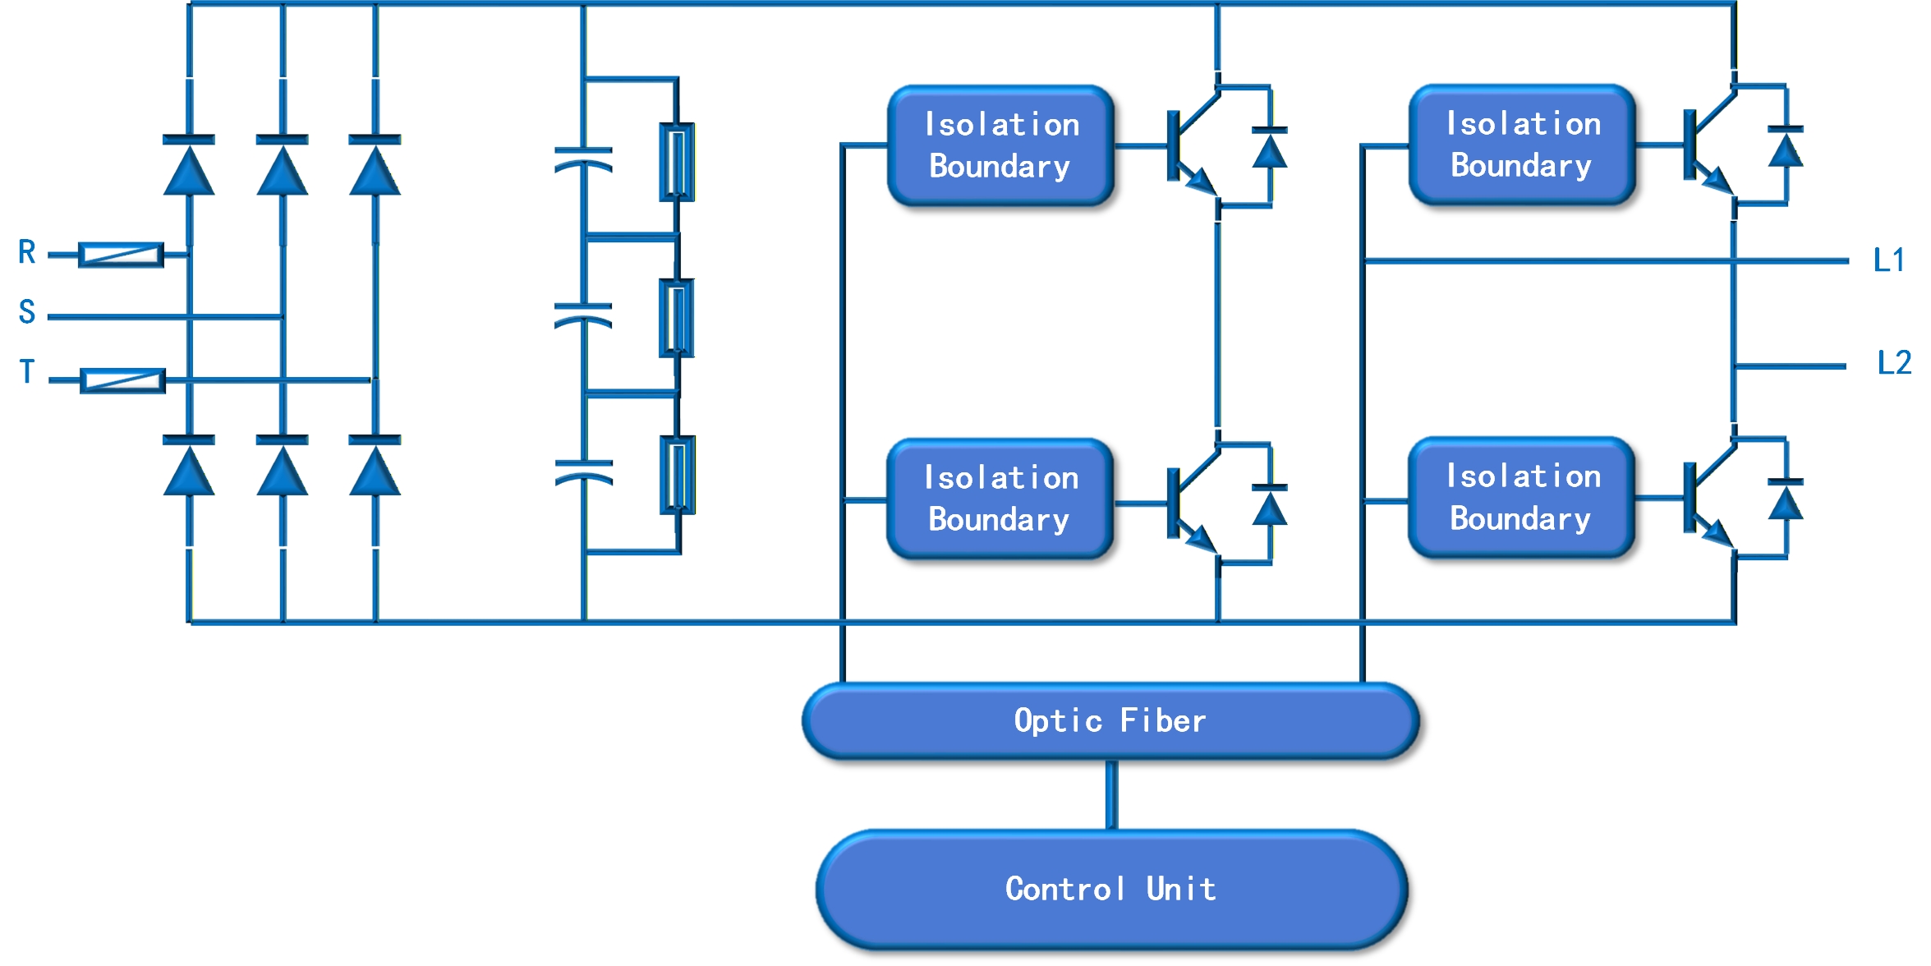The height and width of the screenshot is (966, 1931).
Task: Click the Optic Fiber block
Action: click(x=1110, y=720)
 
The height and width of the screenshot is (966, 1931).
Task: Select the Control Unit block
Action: click(x=1111, y=890)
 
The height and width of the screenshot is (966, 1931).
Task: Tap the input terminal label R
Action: click(x=27, y=252)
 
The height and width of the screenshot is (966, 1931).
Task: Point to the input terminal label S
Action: click(x=27, y=312)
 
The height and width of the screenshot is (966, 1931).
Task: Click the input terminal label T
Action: click(x=27, y=371)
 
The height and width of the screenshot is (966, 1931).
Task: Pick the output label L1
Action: click(x=1889, y=260)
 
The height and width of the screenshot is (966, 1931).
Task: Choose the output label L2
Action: click(x=1894, y=362)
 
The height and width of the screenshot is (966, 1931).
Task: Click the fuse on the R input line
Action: click(x=121, y=255)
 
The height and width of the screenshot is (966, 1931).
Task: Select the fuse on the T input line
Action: click(x=122, y=380)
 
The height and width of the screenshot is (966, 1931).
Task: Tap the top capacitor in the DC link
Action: click(x=583, y=159)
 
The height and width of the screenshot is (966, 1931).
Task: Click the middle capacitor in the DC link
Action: click(x=583, y=315)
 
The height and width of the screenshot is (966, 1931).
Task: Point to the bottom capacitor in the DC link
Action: click(x=583, y=472)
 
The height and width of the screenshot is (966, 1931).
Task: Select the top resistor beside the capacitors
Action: click(x=678, y=162)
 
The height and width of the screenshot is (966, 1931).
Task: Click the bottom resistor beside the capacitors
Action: click(x=678, y=475)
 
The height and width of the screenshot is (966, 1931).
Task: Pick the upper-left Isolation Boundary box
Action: click(x=1000, y=145)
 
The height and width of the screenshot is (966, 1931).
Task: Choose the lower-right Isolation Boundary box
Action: click(x=1522, y=498)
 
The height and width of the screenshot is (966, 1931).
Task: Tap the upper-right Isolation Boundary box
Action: click(x=1522, y=145)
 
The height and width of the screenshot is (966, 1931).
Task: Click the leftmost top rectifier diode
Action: click(x=189, y=165)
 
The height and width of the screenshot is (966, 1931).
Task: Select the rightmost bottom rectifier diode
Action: click(x=375, y=465)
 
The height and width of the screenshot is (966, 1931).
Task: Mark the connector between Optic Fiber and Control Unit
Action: click(x=1111, y=794)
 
